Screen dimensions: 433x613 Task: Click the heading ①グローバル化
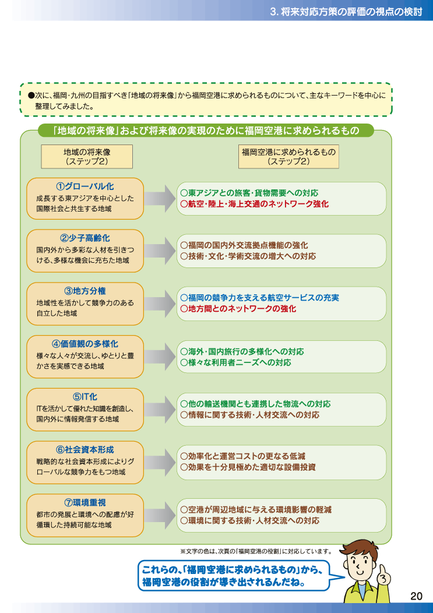point(85,186)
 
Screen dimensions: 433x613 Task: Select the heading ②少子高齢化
point(85,238)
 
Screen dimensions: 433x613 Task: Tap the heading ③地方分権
point(85,291)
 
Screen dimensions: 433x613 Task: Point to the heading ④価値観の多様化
point(85,344)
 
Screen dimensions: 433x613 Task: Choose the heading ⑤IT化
point(85,397)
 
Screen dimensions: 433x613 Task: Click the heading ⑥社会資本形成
point(85,450)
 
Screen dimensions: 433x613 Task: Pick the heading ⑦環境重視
point(85,502)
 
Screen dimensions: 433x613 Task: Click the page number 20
point(417,596)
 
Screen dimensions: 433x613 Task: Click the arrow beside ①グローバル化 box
point(160,199)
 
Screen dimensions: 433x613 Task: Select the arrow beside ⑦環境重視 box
point(160,515)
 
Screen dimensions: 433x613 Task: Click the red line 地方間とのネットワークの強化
point(238,309)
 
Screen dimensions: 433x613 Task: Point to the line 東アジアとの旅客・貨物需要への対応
point(249,193)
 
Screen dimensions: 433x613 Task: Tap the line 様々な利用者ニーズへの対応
point(235,362)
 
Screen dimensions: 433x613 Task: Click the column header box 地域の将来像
point(87,157)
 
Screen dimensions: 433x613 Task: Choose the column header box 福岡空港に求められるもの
point(288,157)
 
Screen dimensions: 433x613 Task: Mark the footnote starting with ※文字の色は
point(256,552)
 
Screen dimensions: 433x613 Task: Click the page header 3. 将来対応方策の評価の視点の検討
point(346,12)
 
